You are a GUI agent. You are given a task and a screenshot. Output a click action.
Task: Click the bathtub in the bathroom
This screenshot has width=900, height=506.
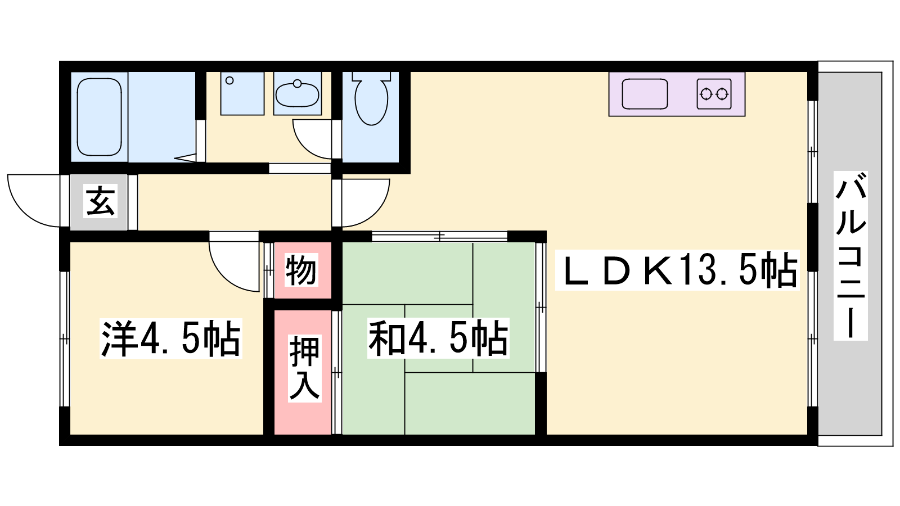click(99, 117)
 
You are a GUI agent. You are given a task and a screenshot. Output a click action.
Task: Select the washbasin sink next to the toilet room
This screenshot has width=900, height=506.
click(298, 93)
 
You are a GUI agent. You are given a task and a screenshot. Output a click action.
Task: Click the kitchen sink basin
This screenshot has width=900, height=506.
click(645, 94)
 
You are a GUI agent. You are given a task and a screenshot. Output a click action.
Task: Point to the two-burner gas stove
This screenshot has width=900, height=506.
click(714, 94)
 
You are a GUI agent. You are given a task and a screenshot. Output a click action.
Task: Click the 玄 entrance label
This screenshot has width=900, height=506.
click(101, 201)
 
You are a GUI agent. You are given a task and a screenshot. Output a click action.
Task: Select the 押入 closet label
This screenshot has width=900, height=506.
click(305, 368)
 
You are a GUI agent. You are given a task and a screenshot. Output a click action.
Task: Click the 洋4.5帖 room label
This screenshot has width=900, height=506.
click(171, 338)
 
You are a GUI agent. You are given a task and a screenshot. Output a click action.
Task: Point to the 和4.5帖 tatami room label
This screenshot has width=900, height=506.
click(438, 338)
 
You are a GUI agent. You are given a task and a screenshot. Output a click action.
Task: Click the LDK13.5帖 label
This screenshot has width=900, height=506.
click(677, 270)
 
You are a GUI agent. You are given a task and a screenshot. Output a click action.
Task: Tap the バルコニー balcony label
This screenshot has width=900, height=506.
click(850, 256)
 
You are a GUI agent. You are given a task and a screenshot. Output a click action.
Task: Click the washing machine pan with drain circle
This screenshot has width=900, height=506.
click(242, 93)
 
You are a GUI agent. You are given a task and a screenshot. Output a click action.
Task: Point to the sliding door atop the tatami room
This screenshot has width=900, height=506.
click(439, 237)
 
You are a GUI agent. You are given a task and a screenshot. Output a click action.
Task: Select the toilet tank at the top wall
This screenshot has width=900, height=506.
click(372, 76)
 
